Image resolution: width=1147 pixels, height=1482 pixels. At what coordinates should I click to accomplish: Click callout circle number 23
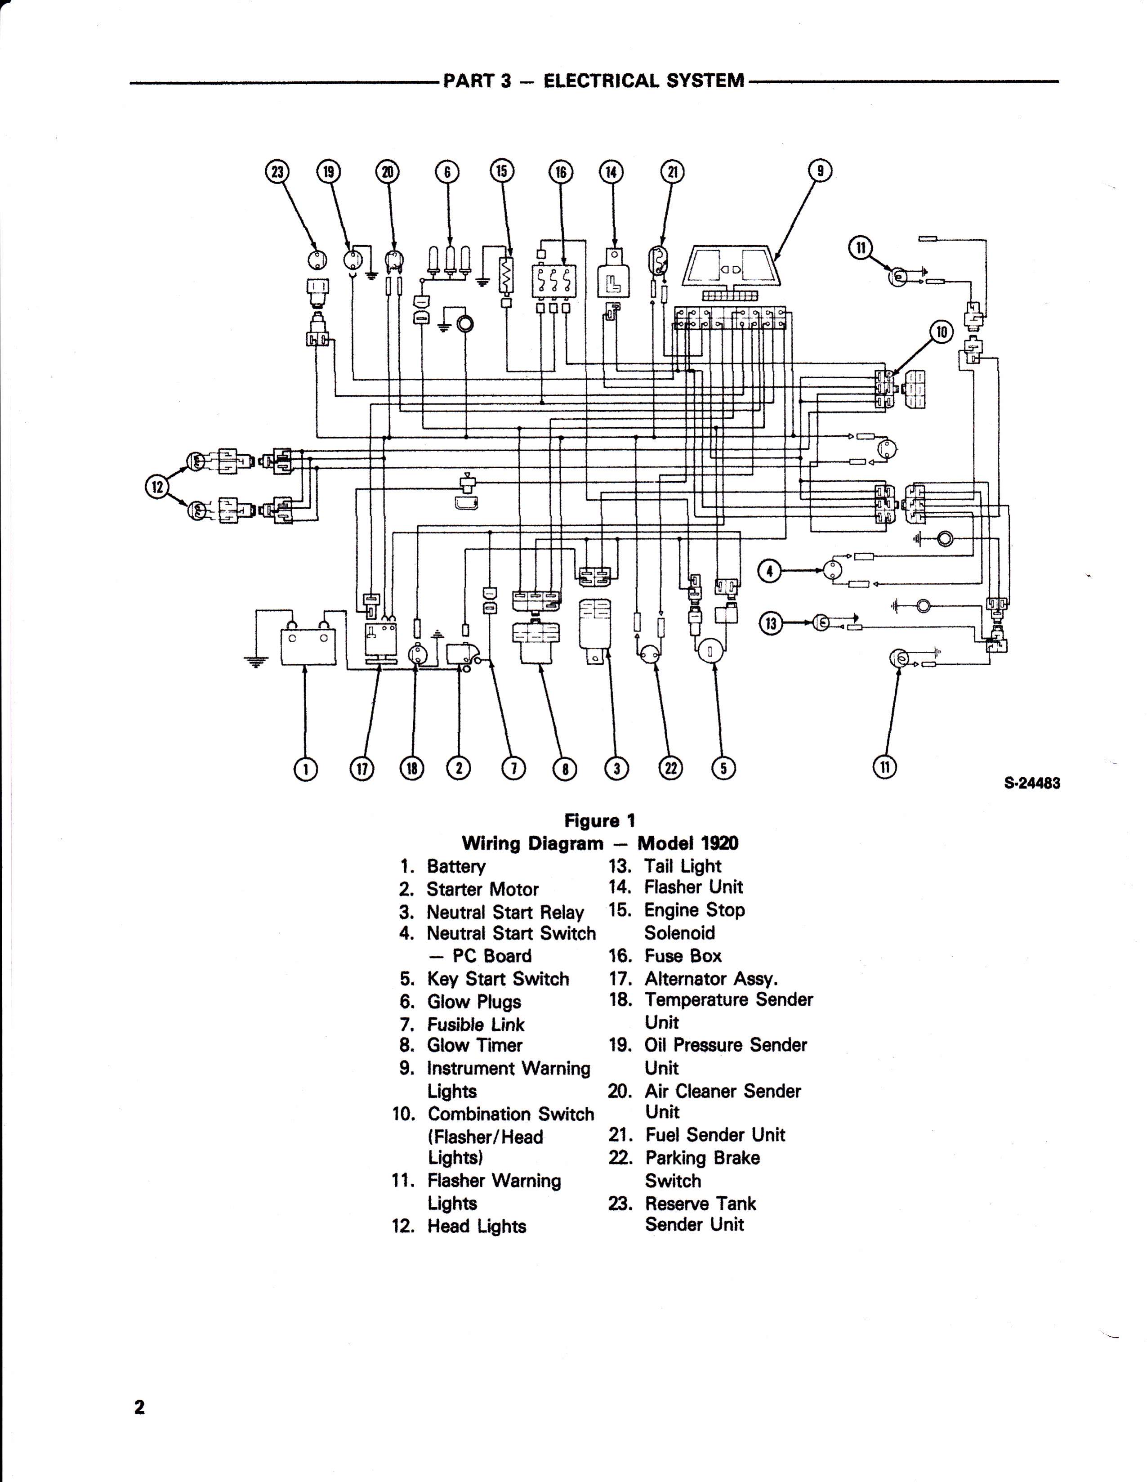click(x=276, y=172)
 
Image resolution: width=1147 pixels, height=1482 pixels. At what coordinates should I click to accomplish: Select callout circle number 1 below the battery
click(x=305, y=768)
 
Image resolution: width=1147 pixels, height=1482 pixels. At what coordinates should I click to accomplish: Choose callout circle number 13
click(x=770, y=623)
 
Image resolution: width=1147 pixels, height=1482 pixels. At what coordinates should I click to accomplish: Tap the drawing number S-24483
click(x=1032, y=783)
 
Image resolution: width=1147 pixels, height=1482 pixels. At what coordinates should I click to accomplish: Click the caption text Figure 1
click(x=600, y=821)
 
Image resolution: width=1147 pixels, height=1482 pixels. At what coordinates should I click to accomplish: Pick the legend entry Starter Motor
click(x=482, y=889)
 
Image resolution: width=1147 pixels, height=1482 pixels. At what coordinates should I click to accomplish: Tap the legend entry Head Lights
click(x=476, y=1226)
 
